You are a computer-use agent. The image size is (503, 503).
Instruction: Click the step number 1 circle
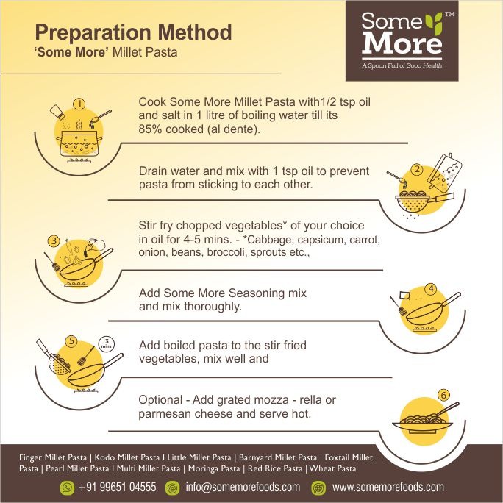tap(79, 104)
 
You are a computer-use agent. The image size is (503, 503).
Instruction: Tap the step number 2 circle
tap(417, 169)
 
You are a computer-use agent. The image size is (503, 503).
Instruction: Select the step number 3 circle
tap(54, 241)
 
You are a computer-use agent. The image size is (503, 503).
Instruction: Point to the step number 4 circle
tap(431, 289)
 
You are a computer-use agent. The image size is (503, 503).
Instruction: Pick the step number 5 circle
tap(71, 341)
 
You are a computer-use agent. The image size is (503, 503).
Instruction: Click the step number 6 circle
tap(443, 395)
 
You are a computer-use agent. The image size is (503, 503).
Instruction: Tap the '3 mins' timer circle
tap(107, 344)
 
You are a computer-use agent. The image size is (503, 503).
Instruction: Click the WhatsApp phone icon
tap(67, 488)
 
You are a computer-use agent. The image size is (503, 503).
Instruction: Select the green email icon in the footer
tap(172, 488)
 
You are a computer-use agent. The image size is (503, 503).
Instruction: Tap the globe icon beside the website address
tap(318, 488)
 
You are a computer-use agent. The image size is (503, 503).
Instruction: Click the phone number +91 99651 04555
tap(118, 487)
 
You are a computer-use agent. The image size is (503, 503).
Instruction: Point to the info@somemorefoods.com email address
tap(243, 487)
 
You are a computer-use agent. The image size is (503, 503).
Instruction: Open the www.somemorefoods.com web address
tap(388, 487)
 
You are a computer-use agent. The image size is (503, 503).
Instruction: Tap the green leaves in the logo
tap(434, 23)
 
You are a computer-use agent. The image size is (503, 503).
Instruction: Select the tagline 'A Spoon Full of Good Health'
tap(402, 65)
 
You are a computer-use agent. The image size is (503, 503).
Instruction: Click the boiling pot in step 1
tap(79, 143)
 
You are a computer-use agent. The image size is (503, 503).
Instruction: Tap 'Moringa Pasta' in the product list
tap(214, 468)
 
